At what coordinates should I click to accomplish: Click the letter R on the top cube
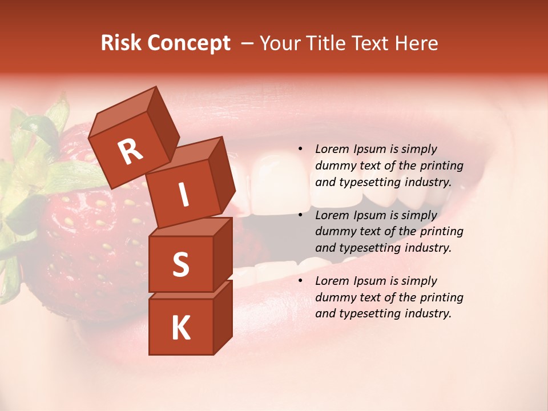130,152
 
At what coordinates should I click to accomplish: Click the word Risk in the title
120,43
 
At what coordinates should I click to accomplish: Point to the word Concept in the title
188,43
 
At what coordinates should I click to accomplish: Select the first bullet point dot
300,149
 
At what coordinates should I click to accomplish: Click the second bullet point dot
300,215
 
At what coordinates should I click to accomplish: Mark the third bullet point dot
300,281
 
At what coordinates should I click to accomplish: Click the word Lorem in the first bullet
331,149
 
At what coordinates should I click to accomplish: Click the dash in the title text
248,43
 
